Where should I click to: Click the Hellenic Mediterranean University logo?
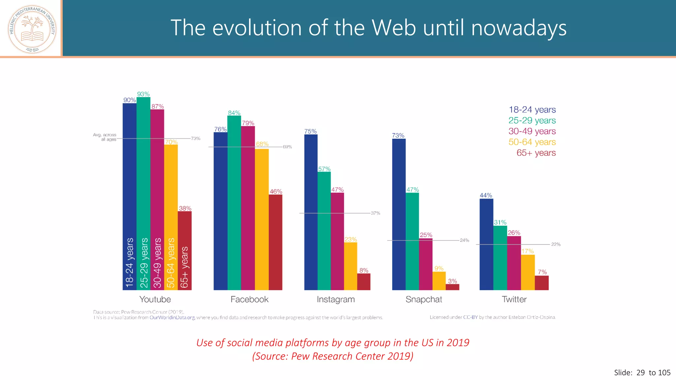(32, 29)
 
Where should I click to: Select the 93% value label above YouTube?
(143, 94)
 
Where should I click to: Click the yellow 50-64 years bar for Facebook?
(262, 219)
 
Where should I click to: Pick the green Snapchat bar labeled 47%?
(412, 241)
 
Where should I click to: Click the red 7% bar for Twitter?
(542, 283)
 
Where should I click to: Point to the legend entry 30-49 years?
(532, 131)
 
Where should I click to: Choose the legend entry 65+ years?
(536, 153)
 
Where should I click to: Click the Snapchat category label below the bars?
(424, 300)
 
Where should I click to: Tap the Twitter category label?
(514, 300)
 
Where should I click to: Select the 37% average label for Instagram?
(375, 213)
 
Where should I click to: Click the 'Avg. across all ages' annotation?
(105, 137)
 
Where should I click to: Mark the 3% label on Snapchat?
(452, 281)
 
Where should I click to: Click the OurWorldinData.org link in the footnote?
(172, 318)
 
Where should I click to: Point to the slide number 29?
(640, 373)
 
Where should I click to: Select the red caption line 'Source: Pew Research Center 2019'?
(333, 356)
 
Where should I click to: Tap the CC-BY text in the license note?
(470, 317)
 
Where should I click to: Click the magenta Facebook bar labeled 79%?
(248, 208)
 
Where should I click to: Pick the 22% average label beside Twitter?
(556, 244)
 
